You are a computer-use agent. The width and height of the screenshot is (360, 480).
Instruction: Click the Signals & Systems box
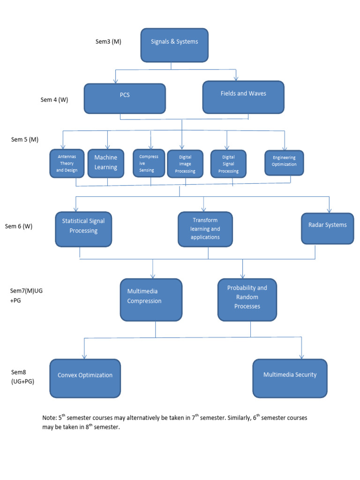click(x=174, y=45)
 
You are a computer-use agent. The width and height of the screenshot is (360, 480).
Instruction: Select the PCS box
click(x=125, y=98)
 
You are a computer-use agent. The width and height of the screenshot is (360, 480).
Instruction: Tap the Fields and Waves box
click(x=243, y=97)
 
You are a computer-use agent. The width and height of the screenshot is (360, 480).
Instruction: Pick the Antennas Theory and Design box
click(x=67, y=163)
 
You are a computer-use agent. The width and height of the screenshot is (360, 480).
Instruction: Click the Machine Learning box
click(x=105, y=163)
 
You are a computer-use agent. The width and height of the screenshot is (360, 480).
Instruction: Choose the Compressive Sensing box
click(x=149, y=163)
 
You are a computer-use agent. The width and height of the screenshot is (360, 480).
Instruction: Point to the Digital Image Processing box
click(x=185, y=164)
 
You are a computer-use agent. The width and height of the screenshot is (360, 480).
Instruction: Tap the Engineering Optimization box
click(x=284, y=162)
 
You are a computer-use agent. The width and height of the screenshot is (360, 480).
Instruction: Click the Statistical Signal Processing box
click(x=83, y=229)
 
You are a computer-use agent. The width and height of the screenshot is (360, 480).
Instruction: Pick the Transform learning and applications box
click(x=206, y=229)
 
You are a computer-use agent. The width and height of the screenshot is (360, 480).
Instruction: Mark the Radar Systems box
click(x=327, y=227)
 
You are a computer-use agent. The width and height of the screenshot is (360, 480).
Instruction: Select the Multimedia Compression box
click(x=151, y=300)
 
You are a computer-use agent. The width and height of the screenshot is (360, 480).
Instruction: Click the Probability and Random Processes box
click(x=247, y=300)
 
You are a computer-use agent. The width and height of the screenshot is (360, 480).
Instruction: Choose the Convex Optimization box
click(x=85, y=378)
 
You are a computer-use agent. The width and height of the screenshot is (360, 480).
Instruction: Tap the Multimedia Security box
click(x=290, y=378)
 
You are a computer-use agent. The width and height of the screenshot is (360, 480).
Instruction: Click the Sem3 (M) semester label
click(x=108, y=41)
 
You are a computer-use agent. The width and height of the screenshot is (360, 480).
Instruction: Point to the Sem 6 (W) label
click(x=19, y=226)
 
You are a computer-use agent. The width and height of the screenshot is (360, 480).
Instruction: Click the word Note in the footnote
click(x=48, y=418)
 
